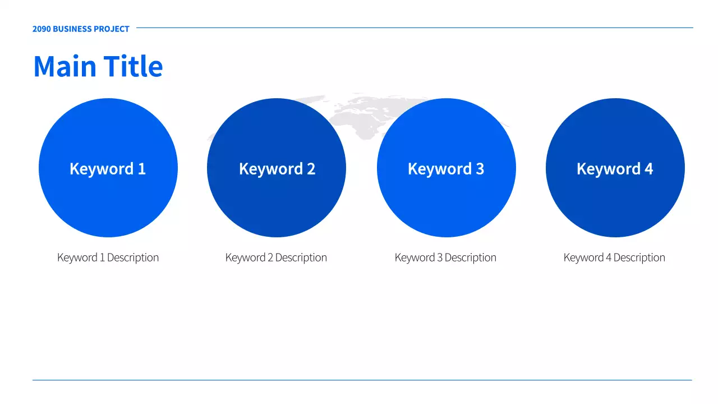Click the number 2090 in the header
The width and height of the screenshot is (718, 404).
(42, 29)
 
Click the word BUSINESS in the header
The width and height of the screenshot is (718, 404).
(72, 29)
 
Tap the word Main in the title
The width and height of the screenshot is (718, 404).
(65, 66)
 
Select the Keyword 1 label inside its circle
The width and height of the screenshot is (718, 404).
(108, 169)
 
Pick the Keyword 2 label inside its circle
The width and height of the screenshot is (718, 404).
(277, 169)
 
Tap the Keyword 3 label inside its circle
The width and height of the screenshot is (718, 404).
(446, 169)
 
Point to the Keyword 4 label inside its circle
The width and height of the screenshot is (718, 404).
(615, 169)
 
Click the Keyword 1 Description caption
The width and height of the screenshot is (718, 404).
(108, 258)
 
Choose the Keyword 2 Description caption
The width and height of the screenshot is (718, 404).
(276, 258)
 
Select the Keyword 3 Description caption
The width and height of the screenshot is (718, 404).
(445, 258)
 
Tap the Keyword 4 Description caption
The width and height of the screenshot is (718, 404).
(614, 258)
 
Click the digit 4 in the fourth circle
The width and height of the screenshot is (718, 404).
(649, 169)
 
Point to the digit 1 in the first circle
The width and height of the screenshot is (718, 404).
(142, 169)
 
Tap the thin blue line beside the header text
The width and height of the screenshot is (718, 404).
(415, 28)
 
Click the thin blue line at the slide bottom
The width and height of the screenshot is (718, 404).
(362, 380)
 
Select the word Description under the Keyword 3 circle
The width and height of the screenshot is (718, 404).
(471, 258)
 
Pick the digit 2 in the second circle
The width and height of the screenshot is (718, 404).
(311, 169)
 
